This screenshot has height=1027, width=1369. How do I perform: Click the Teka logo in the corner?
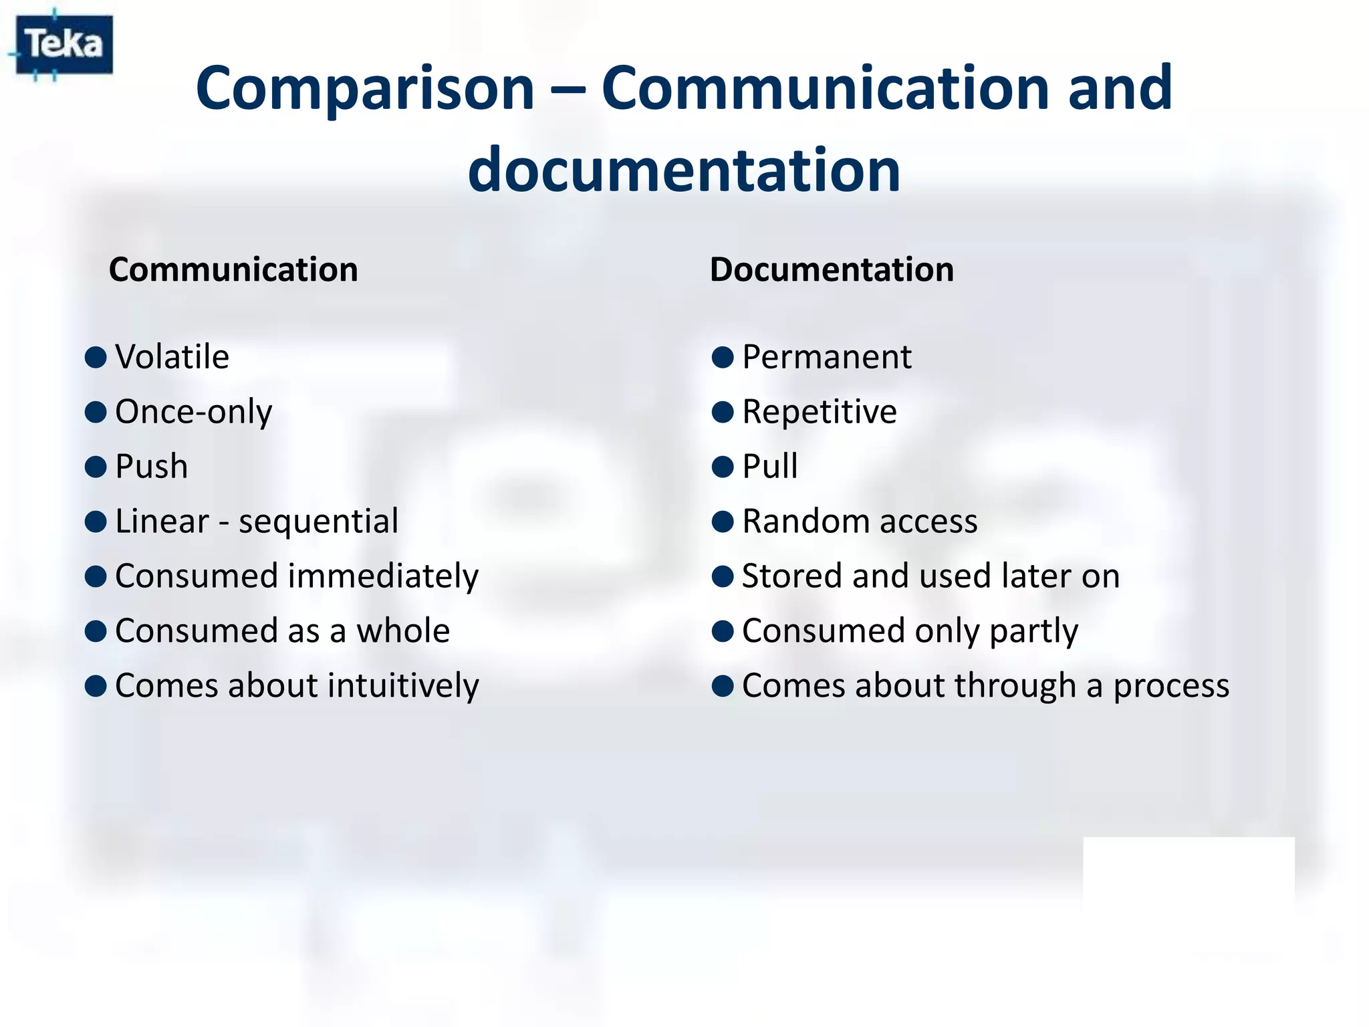point(64,45)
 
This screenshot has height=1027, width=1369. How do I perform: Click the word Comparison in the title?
point(364,88)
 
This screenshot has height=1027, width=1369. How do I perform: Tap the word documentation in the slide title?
point(684,170)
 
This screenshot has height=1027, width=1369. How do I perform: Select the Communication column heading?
point(233,270)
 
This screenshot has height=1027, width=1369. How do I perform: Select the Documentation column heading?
point(832,270)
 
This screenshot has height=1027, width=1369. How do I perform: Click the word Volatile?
point(172,356)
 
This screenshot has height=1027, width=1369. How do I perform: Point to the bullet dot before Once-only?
point(96,412)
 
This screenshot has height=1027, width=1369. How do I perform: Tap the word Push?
point(151,466)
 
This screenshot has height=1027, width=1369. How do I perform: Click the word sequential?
point(318,522)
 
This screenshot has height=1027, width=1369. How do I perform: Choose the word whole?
point(402,631)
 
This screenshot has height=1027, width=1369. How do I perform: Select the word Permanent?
point(826,356)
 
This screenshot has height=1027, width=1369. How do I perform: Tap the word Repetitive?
point(819,412)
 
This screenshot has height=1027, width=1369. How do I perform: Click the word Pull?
point(769,466)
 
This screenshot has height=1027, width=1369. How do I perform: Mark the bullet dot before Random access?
point(723,522)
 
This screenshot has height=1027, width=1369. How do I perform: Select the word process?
point(1170,686)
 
